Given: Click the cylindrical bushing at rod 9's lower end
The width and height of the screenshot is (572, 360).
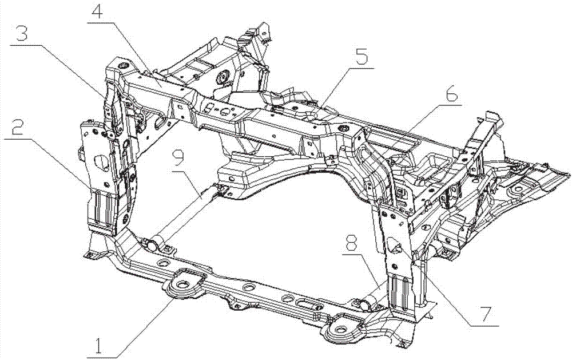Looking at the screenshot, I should click(153, 245).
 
